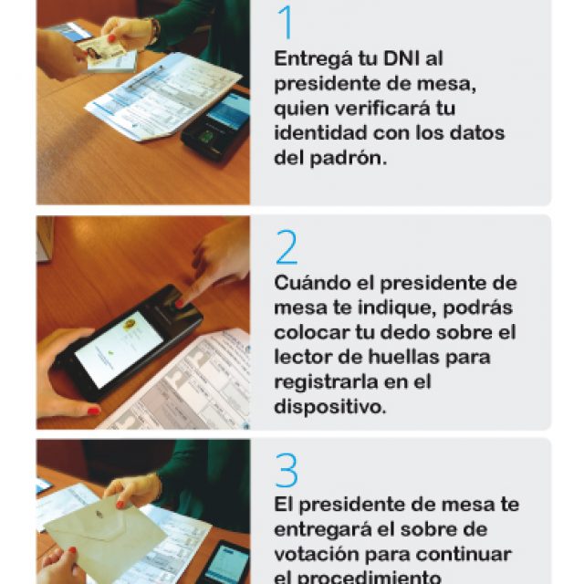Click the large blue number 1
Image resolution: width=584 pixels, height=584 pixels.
tap(286, 24)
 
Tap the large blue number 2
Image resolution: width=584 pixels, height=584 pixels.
tap(287, 246)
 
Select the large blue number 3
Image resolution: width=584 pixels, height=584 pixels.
tap(287, 471)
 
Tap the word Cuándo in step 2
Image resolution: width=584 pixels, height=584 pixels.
tap(309, 281)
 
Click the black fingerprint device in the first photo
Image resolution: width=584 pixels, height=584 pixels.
tap(216, 123)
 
